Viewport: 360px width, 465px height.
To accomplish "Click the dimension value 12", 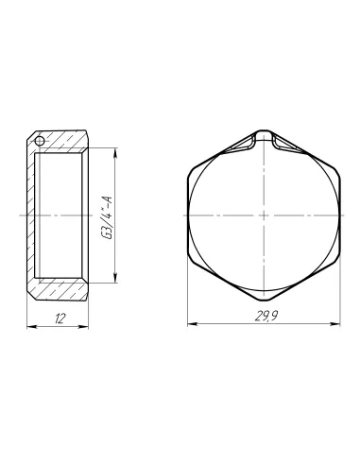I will (60, 319).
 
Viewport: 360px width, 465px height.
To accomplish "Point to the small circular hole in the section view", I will (40, 140).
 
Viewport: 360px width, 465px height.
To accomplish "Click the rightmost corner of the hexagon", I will (342, 215).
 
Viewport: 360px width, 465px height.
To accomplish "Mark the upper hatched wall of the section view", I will (60, 140).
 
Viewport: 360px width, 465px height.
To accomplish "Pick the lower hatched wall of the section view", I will (60, 291).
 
